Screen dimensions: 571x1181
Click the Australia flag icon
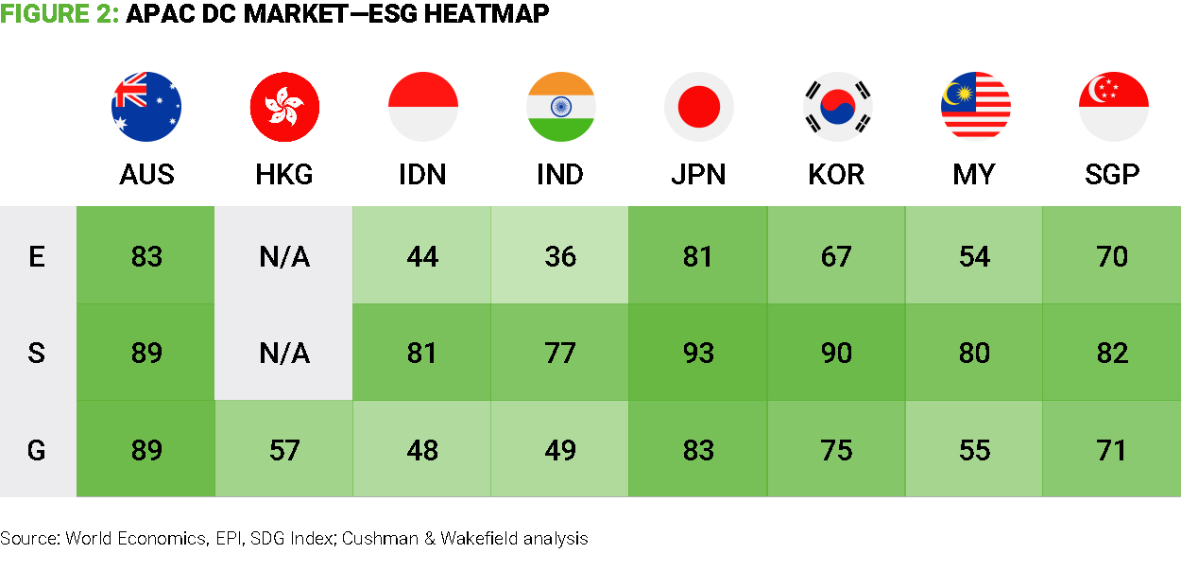pyautogui.click(x=146, y=107)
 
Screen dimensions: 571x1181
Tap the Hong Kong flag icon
pyautogui.click(x=284, y=107)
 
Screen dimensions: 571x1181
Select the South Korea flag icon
pyautogui.click(x=836, y=107)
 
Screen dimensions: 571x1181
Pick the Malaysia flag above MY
pyautogui.click(x=974, y=107)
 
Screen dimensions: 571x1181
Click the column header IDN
pyautogui.click(x=422, y=175)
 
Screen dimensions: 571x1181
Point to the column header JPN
pyautogui.click(x=698, y=175)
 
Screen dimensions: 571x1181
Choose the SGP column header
pyautogui.click(x=1112, y=175)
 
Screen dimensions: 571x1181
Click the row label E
pyautogui.click(x=37, y=256)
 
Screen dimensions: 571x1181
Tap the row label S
pyautogui.click(x=37, y=353)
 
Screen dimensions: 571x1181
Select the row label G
pyautogui.click(x=37, y=450)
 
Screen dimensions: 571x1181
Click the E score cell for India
pyautogui.click(x=560, y=256)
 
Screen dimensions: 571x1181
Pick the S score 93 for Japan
pyautogui.click(x=698, y=353)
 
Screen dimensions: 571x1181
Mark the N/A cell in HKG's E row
pyautogui.click(x=284, y=256)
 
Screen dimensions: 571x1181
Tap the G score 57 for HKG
pyautogui.click(x=284, y=450)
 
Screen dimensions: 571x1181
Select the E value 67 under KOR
pyautogui.click(x=836, y=256)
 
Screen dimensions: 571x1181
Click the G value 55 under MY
pyautogui.click(x=974, y=450)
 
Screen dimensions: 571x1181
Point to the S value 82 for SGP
pyautogui.click(x=1112, y=353)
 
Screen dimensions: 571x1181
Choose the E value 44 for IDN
pyautogui.click(x=422, y=256)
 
